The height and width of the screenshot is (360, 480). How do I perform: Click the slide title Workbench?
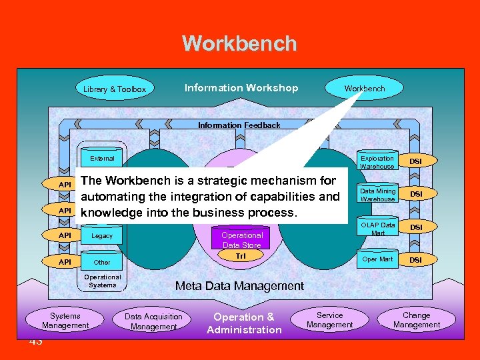click(x=239, y=44)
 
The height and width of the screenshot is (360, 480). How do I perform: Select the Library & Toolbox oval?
click(x=115, y=89)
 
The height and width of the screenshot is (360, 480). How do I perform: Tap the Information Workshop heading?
click(x=241, y=88)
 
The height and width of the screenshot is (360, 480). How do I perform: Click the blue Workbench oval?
click(x=365, y=88)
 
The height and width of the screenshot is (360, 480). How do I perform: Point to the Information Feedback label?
click(x=239, y=125)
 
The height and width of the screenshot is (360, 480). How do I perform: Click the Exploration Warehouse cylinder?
click(x=377, y=161)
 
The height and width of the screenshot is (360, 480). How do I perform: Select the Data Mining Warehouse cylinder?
click(x=377, y=194)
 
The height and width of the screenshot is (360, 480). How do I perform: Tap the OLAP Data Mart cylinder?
click(x=377, y=228)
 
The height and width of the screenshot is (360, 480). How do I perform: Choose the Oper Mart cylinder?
click(x=377, y=259)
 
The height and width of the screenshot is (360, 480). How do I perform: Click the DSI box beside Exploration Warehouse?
click(x=415, y=161)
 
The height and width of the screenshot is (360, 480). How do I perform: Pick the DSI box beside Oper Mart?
click(x=415, y=259)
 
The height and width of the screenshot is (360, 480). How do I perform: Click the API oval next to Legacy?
click(x=65, y=235)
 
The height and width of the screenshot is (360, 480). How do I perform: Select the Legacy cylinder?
click(x=102, y=236)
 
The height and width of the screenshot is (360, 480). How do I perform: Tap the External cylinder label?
click(x=102, y=159)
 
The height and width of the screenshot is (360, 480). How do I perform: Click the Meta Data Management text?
click(x=239, y=286)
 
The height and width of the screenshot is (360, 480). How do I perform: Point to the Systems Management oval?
click(x=65, y=321)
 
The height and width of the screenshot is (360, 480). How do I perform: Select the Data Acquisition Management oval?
click(x=154, y=321)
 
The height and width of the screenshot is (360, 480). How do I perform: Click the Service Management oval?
click(x=330, y=320)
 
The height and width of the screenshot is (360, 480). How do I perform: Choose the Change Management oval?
click(x=417, y=320)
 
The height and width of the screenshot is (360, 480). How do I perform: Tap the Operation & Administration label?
click(x=244, y=323)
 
